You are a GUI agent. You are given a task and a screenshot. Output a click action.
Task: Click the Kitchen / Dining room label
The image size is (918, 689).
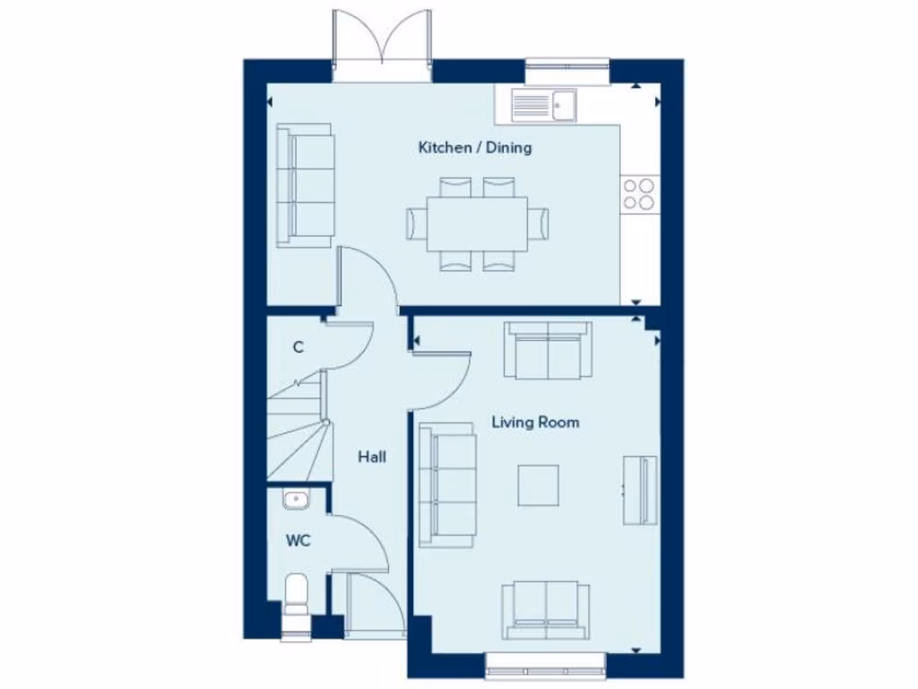pos(474,147)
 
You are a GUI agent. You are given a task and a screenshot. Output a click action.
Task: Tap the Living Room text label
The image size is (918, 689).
pos(535,422)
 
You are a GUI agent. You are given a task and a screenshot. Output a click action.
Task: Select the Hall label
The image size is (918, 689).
pos(372,457)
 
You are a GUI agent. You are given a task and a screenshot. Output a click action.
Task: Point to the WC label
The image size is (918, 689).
pos(299,541)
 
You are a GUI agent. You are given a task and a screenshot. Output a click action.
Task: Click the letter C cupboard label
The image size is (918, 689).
pos(298,347)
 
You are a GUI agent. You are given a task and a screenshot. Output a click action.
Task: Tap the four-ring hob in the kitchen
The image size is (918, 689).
pos(639,194)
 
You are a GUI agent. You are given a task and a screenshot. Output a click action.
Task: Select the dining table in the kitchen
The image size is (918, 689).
pos(476,223)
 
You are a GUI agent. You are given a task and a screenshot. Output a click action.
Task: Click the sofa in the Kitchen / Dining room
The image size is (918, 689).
pos(305,185)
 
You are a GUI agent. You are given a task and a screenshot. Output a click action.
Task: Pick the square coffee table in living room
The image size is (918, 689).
pos(538,484)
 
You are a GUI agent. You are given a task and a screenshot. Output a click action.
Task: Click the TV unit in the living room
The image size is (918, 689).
pos(640,490)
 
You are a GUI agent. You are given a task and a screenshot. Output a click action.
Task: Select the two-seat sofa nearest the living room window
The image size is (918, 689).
pos(545,610)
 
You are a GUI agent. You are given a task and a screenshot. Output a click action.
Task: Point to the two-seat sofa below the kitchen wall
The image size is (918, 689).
pos(547,350)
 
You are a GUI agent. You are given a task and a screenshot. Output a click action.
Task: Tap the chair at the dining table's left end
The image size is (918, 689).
pos(417,223)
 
